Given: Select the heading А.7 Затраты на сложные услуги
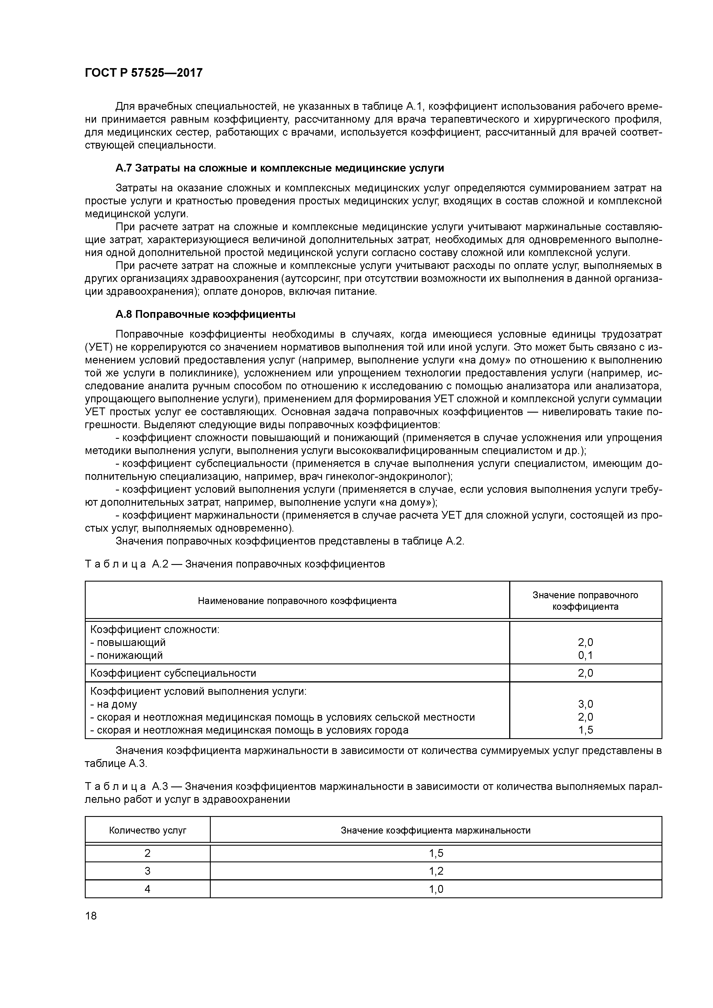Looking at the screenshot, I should tap(279, 168).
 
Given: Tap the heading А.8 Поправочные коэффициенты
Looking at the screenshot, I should tap(205, 314).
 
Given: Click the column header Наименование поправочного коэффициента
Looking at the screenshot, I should tap(297, 601).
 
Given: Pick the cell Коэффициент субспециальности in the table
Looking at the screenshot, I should tap(173, 673).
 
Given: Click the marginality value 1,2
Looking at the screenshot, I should tap(436, 871).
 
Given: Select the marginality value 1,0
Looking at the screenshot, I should tap(436, 889).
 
